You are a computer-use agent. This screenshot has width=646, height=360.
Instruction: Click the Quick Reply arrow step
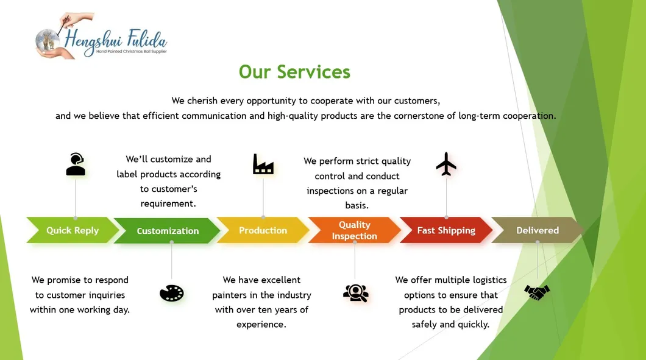click(x=72, y=230)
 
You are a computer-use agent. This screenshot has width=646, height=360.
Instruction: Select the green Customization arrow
click(x=168, y=231)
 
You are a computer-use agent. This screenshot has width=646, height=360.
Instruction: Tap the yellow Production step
click(x=263, y=230)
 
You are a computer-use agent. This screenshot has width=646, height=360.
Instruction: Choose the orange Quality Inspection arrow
click(x=354, y=230)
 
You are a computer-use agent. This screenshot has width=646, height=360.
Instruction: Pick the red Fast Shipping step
click(x=445, y=230)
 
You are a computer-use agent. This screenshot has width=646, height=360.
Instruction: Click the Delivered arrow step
click(x=537, y=230)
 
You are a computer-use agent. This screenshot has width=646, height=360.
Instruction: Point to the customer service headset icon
click(x=76, y=164)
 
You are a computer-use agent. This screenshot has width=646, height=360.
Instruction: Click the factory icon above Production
click(x=263, y=164)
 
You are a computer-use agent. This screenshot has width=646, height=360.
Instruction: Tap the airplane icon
click(x=446, y=164)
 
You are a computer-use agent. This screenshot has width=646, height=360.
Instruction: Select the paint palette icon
click(x=171, y=293)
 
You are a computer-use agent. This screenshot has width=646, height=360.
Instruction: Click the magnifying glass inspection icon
click(x=355, y=293)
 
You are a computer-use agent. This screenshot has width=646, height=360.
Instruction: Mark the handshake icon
click(x=537, y=292)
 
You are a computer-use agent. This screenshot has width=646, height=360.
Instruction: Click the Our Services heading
click(x=294, y=72)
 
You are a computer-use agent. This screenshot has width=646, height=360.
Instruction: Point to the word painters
click(x=233, y=295)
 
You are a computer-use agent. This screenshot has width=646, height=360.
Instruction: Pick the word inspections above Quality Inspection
click(x=333, y=191)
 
